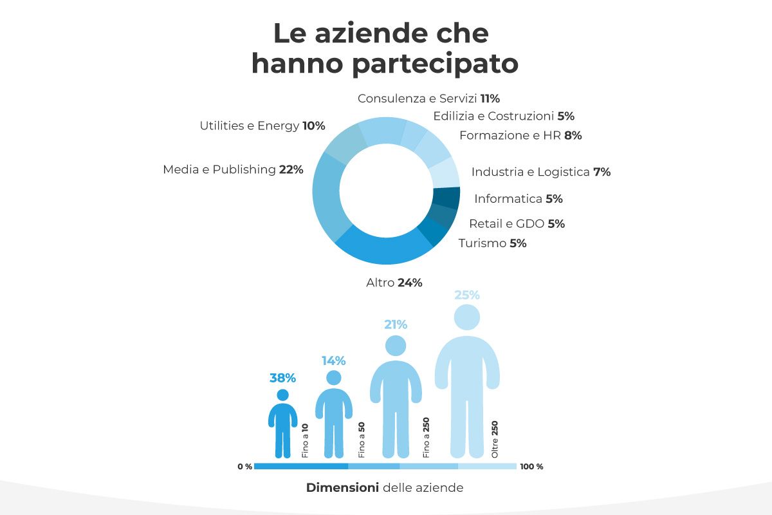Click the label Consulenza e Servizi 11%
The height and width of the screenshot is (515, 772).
428,98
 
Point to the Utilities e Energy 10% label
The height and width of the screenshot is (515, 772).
262,126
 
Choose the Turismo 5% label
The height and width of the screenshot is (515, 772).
492,243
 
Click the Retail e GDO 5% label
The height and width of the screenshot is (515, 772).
517,224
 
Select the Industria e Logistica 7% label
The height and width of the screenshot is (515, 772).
540,172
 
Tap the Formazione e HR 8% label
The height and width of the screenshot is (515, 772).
520,135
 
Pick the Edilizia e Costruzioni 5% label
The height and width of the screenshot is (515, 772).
503,117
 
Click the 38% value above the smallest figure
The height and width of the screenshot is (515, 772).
282,378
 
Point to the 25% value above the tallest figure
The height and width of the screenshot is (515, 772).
467,295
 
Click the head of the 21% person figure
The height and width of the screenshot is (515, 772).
396,346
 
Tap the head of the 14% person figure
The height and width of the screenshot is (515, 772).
334,378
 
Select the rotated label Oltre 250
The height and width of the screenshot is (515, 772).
495,440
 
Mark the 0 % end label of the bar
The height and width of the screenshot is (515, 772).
244,467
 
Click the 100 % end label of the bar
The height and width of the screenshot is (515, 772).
531,467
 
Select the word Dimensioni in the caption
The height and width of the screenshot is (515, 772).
342,487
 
